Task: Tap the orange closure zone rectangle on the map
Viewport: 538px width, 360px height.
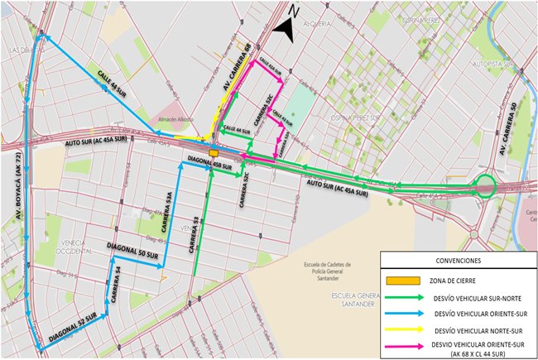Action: (214, 152)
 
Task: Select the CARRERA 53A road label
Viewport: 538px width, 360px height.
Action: (168, 214)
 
